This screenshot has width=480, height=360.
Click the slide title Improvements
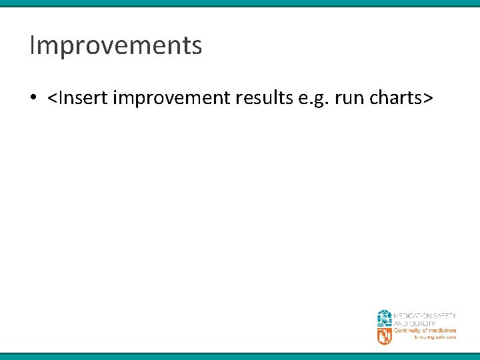click(x=115, y=46)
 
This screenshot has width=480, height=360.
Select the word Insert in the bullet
click(x=82, y=99)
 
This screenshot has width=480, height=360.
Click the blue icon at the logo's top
click(x=385, y=317)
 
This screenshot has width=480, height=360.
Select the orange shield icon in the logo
click(x=385, y=335)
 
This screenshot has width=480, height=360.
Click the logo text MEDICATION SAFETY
click(x=425, y=315)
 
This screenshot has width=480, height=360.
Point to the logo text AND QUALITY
click(x=414, y=323)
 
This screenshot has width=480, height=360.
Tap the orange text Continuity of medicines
click(x=425, y=331)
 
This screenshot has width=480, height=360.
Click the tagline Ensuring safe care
click(x=435, y=338)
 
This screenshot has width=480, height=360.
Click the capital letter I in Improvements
click(x=33, y=46)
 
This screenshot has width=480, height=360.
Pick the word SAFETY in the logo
click(x=444, y=315)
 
